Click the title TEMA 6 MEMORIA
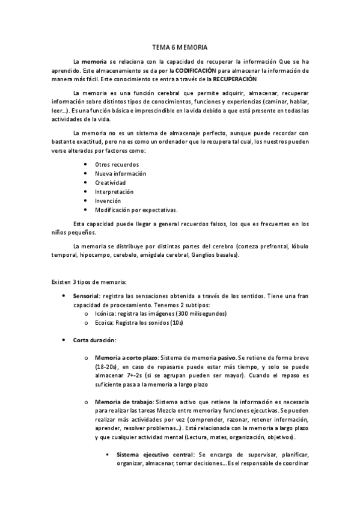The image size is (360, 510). coord(180,47)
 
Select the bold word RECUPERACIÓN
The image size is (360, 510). coord(234,79)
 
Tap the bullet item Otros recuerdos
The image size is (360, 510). coord(117,164)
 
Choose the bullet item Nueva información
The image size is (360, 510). coord(120,173)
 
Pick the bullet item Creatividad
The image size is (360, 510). coord(110,182)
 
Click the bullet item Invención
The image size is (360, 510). coord(108,200)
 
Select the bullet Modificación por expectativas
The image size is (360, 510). coord(136,210)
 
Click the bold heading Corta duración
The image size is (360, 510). coord(94,340)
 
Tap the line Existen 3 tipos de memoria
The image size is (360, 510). coord(88,281)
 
